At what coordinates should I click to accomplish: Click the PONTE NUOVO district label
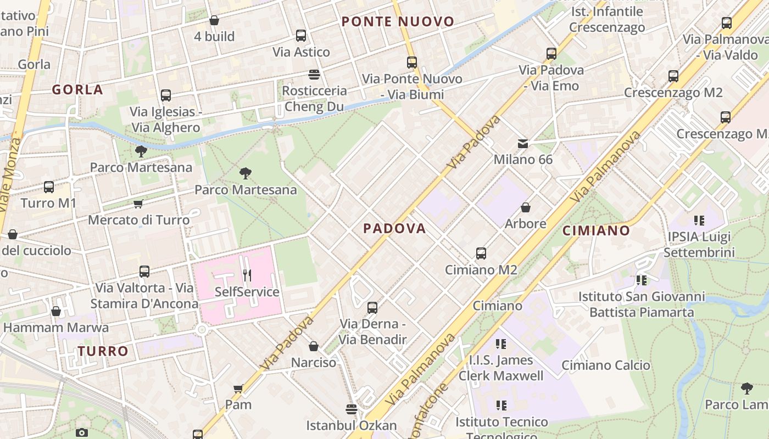[398, 22]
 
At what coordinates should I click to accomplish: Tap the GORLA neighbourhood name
[77, 89]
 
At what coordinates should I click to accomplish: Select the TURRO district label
[103, 351]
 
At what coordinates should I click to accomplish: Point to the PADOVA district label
[394, 228]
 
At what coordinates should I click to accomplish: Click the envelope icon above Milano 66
[523, 144]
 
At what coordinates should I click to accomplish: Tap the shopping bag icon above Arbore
[526, 207]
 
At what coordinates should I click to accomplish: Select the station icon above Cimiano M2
[481, 254]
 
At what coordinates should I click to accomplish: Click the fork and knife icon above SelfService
[247, 275]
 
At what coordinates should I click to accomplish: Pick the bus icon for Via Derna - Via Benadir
[372, 308]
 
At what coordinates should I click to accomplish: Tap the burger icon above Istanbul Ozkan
[352, 409]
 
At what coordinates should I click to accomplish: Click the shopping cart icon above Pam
[238, 389]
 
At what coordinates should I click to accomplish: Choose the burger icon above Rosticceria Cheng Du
[314, 75]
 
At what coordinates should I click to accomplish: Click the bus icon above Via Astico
[301, 36]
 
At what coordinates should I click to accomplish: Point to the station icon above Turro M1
[49, 187]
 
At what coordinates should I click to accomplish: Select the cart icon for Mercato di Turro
[138, 204]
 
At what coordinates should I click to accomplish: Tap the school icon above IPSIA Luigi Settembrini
[699, 221]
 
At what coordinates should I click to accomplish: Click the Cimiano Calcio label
[605, 365]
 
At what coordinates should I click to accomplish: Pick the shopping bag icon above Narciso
[314, 346]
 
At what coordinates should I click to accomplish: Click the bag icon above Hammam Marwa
[56, 312]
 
